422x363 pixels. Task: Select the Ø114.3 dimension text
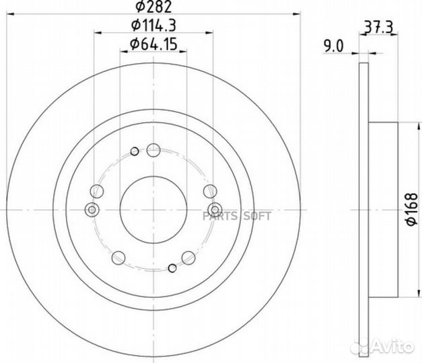[x=153, y=26]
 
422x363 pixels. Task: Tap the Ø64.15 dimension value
[x=153, y=44]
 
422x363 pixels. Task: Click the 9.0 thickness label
[x=334, y=46]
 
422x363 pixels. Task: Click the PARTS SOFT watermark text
[x=236, y=216]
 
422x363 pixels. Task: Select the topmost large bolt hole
[x=153, y=150]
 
